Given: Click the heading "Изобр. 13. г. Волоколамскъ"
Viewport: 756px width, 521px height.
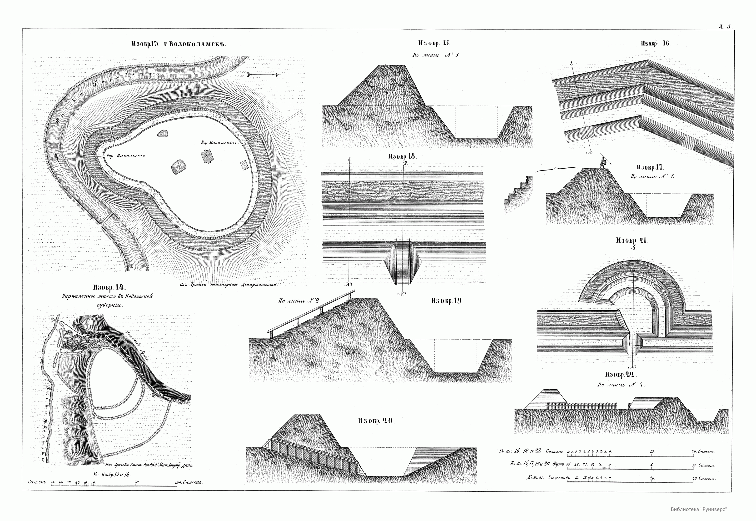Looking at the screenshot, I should (x=179, y=44).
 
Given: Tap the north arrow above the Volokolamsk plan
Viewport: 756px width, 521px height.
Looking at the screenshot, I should (x=264, y=75).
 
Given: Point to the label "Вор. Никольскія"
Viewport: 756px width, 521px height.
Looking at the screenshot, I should (x=126, y=156).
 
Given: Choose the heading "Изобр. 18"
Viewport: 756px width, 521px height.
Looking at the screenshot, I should (x=402, y=156).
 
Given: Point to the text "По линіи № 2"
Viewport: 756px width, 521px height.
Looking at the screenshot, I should (x=299, y=301).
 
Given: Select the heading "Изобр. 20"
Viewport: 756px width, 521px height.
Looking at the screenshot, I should (x=376, y=421).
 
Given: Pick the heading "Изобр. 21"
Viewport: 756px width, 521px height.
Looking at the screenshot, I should (x=632, y=240).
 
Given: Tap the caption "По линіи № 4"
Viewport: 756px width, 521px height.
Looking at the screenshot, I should (x=621, y=385).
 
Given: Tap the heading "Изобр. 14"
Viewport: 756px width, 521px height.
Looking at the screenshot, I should (x=109, y=288).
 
